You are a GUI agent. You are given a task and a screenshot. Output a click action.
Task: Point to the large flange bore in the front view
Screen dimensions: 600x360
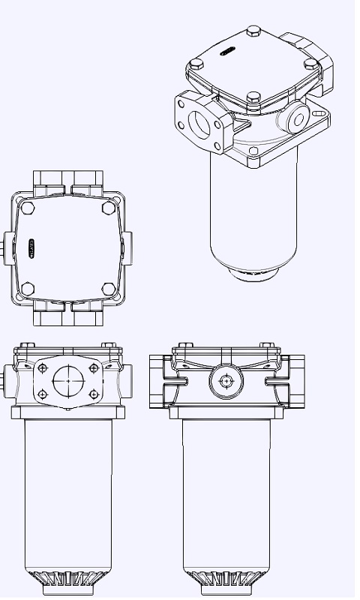[x=68, y=380]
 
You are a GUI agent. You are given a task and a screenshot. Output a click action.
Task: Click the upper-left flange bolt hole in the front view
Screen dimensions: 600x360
[x=44, y=367]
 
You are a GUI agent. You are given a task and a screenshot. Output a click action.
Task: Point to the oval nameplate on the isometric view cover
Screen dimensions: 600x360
[x=226, y=51]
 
